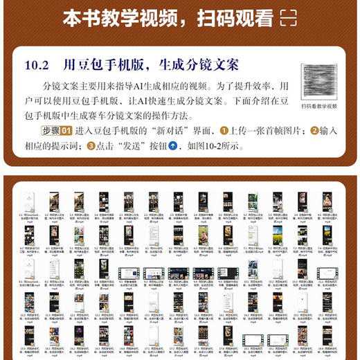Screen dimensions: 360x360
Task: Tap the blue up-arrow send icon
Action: pyautogui.click(x=173, y=146)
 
